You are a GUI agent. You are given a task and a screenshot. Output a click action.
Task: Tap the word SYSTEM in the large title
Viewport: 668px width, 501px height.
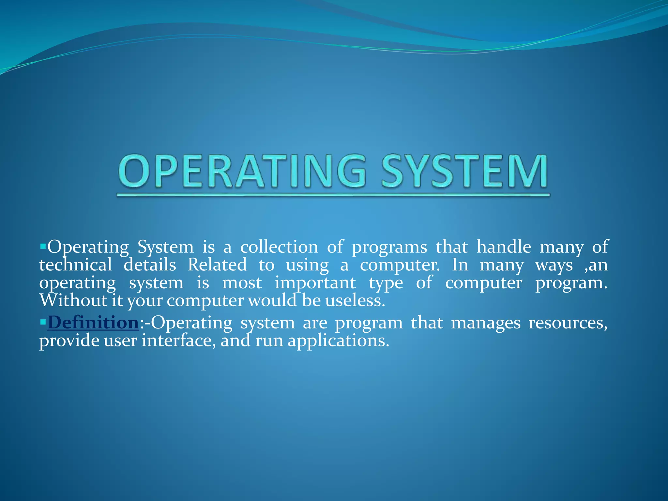[464, 172]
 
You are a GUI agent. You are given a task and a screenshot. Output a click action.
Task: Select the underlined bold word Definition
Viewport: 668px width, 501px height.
[93, 323]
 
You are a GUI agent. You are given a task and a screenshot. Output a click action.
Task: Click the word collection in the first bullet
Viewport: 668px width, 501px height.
[279, 247]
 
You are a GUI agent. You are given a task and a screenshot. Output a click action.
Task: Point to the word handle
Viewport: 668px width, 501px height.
[504, 247]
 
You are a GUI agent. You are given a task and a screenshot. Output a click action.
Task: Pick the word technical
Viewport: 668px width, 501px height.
[76, 265]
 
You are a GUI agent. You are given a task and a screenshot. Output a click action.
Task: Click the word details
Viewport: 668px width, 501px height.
[150, 265]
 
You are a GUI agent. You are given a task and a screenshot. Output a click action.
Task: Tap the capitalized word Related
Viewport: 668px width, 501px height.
[217, 265]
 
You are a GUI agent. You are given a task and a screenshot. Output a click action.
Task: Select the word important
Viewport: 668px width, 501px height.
[315, 282]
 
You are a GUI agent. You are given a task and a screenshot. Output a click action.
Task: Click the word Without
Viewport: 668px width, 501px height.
[73, 300]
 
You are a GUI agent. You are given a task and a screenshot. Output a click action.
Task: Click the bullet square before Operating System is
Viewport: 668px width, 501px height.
[43, 246]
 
